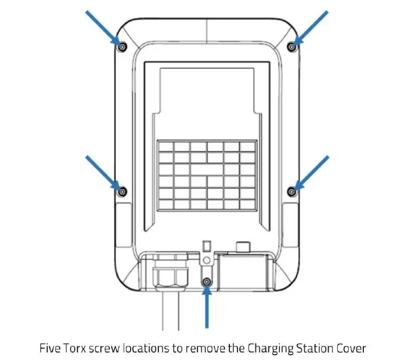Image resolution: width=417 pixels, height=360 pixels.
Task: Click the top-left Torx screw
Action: click(122, 47)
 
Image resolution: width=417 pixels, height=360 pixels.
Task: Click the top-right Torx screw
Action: click(292, 47)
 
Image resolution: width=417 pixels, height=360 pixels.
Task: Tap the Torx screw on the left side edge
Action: click(122, 191)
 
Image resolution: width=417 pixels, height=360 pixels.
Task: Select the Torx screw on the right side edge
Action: click(292, 191)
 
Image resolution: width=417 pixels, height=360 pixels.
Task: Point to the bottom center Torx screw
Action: click(207, 282)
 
